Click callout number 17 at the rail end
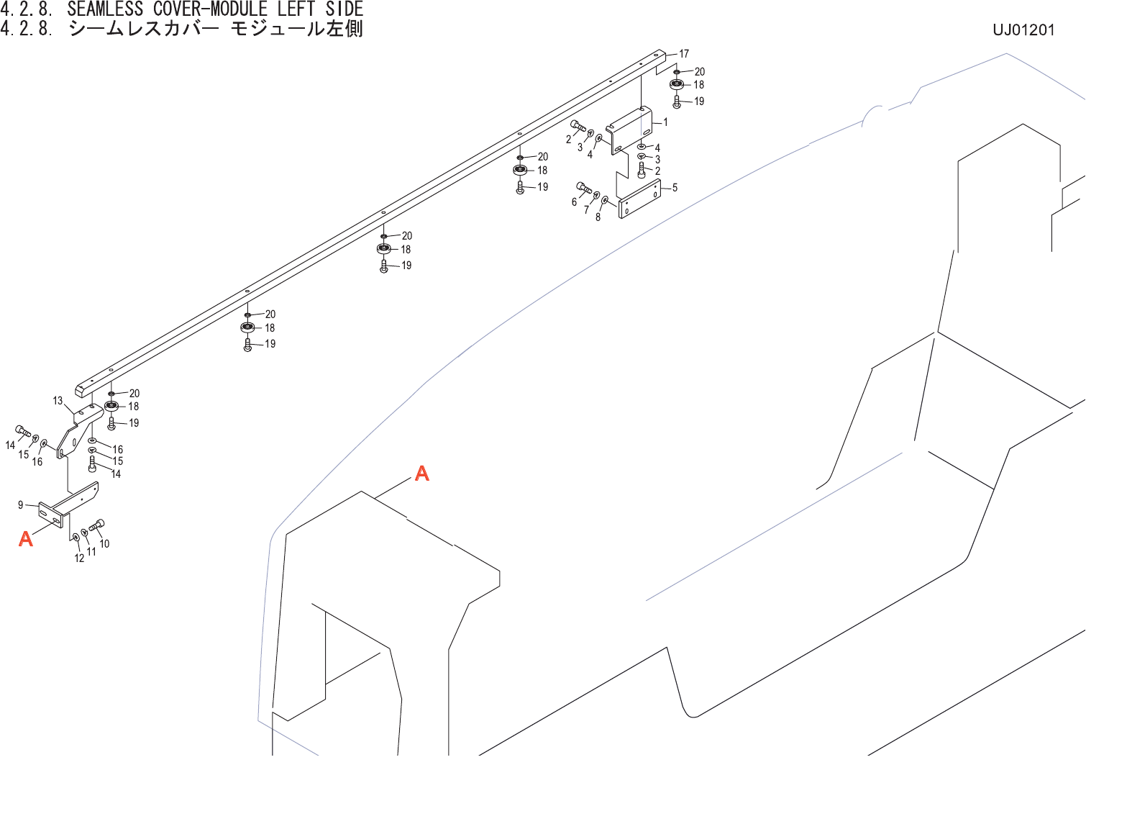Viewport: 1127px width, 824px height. (684, 54)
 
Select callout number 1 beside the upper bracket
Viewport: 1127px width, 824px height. (665, 122)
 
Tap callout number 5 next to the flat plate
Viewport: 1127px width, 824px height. (675, 188)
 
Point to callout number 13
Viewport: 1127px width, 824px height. (58, 401)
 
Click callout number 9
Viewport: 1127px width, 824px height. (21, 505)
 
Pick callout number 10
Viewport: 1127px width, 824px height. (104, 544)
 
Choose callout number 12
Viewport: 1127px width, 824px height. (79, 558)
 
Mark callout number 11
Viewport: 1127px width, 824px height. (91, 552)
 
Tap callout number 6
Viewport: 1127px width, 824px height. (574, 202)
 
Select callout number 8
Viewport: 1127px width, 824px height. (598, 217)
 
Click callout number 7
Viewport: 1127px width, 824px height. (586, 210)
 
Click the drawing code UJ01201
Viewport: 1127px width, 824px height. (1023, 30)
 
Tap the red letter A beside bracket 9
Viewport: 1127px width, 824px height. (26, 538)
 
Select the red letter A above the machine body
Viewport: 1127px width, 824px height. (422, 474)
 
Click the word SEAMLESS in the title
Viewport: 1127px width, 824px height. (105, 9)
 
